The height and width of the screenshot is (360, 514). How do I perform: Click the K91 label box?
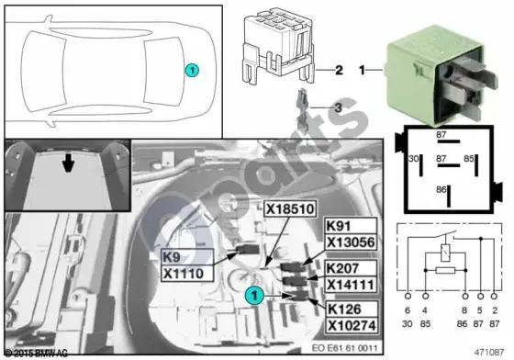351,226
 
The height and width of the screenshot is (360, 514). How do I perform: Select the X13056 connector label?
351,242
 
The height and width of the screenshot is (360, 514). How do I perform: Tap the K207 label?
351,268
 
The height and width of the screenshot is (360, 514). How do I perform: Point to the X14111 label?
351,285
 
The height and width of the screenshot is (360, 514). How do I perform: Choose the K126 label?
352,309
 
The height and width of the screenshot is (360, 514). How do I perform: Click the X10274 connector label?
352,325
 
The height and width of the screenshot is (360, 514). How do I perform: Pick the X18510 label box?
290,208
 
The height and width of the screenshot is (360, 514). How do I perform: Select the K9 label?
187,257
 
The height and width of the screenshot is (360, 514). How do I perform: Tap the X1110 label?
187,273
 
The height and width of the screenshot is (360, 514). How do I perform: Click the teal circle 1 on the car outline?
192,70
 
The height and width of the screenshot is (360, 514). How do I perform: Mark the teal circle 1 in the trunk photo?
254,296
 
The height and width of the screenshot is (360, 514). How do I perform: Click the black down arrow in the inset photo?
68,163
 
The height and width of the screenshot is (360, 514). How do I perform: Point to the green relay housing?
441,74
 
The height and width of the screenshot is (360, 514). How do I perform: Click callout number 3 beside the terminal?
338,107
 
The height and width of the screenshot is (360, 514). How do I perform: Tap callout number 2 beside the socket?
339,70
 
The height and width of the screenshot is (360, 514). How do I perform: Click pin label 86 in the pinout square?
441,189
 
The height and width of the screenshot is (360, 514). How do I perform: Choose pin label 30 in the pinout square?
414,159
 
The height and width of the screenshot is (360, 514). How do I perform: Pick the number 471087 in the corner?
488,352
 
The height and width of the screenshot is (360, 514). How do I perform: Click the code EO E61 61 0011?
344,347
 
